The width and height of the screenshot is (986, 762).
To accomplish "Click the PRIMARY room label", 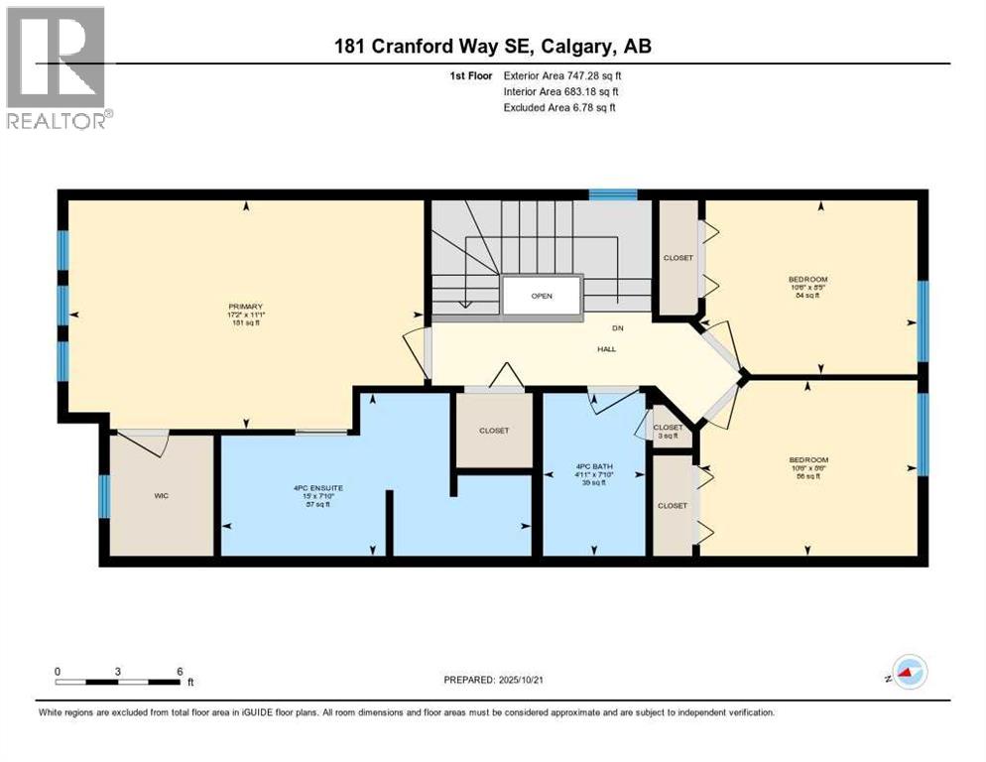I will (245, 307).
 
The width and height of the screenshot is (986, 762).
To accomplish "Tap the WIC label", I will (162, 495).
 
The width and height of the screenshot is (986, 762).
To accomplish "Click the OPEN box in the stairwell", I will (541, 296).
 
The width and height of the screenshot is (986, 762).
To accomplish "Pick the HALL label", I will (605, 349).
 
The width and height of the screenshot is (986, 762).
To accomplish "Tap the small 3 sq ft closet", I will (668, 428).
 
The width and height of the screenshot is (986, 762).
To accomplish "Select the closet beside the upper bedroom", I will (678, 258).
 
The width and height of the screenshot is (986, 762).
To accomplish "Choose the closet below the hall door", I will (493, 431).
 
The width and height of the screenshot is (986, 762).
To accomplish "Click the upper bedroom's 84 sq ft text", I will (807, 296).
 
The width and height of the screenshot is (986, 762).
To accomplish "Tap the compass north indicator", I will (908, 672).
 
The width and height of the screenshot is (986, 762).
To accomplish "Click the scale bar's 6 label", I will (180, 671).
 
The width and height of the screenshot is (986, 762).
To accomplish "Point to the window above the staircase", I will (612, 194).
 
